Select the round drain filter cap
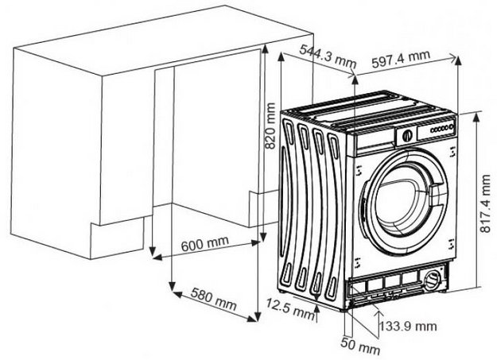[x=432, y=280]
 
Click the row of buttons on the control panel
[x=440, y=127]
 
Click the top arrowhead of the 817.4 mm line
[x=476, y=113]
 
